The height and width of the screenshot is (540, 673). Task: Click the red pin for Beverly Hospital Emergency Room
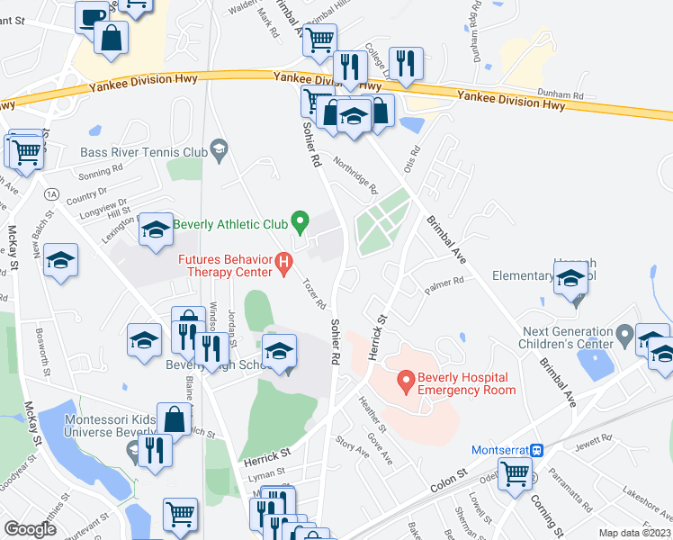[406, 383]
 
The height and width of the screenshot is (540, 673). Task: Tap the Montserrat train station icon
[537, 450]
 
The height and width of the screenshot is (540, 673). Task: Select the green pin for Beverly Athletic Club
[302, 219]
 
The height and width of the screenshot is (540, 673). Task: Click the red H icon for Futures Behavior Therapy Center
[284, 264]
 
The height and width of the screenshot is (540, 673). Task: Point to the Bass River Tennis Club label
[144, 152]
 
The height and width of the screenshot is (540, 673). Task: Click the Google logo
[30, 528]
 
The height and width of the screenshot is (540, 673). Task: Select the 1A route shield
[52, 193]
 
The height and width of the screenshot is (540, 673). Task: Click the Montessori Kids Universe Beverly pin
[133, 454]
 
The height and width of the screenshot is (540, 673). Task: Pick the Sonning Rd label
[101, 171]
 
